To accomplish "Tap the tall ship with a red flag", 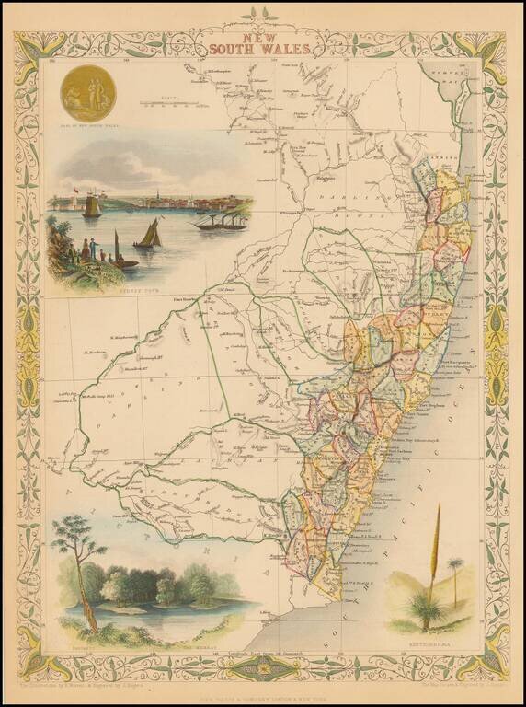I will [91, 205].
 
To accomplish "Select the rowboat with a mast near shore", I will [120, 256].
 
